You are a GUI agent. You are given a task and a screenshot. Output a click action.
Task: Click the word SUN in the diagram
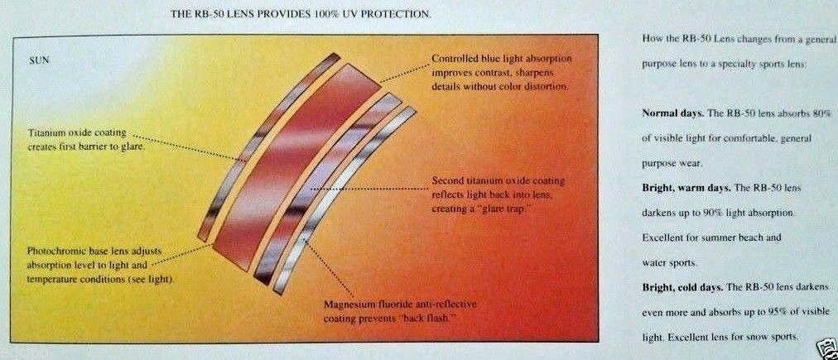[x=38, y=60]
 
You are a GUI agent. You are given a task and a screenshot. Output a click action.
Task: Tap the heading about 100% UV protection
[x=301, y=14]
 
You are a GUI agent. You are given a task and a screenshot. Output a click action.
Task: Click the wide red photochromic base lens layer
[x=296, y=166]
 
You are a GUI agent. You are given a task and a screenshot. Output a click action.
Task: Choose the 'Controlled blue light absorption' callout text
[x=501, y=72]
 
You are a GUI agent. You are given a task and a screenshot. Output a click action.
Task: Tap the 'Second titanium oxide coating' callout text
[x=498, y=195]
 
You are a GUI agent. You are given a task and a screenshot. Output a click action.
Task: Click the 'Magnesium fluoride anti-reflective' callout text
[x=400, y=311]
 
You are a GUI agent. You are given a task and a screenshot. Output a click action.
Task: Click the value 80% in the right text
[x=823, y=113]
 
